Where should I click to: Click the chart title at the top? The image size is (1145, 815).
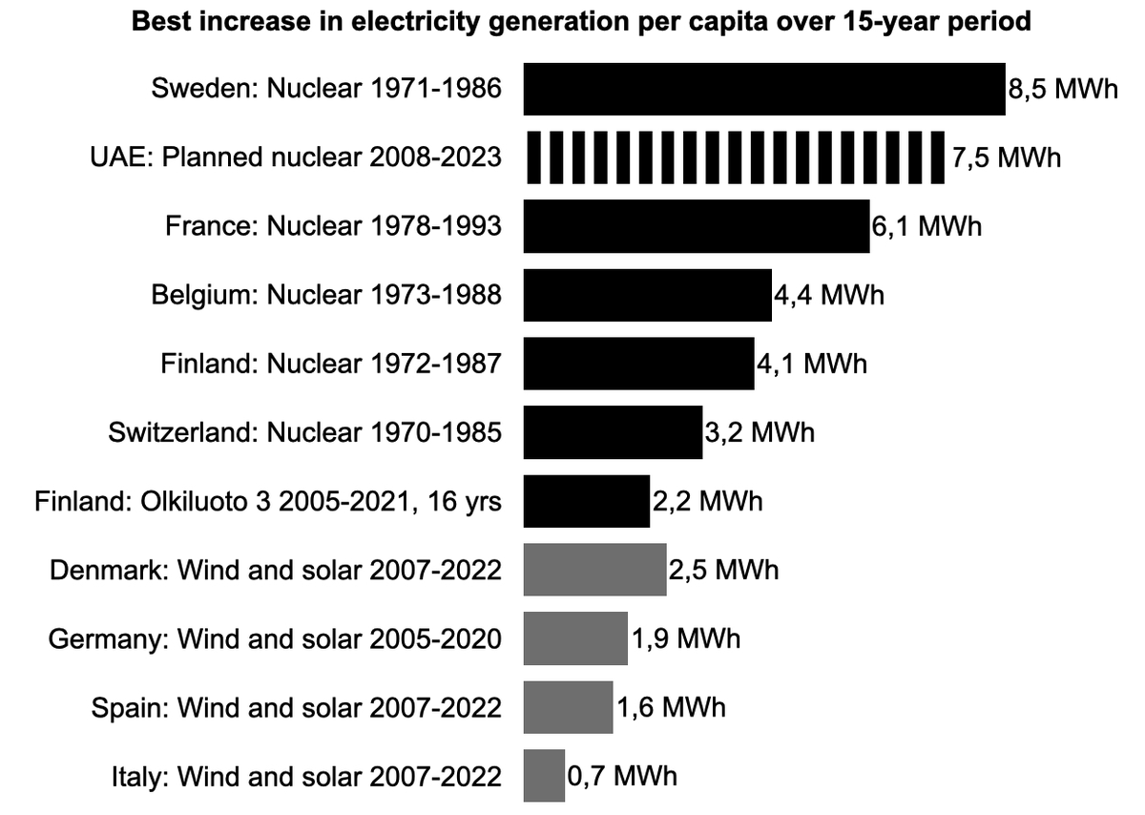581,21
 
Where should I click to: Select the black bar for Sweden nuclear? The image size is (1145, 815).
763,90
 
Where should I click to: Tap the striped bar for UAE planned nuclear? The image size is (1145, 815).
734,157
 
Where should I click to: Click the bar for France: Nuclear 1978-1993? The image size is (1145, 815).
696,227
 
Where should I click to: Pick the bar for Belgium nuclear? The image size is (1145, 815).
647,295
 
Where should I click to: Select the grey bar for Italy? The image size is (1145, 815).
544,776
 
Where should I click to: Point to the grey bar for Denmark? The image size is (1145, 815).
594,570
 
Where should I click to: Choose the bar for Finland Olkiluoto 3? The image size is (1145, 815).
586,501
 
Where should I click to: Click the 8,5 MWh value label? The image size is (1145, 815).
1062,90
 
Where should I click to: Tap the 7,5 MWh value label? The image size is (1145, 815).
1006,157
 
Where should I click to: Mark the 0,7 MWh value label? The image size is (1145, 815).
622,776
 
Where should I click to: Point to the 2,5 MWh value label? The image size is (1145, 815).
723,570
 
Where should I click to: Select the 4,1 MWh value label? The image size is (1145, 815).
811,364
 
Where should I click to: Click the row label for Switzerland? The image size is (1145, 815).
305,432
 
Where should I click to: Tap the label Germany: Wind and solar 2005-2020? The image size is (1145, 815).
275,638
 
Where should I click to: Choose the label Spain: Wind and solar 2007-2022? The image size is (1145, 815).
296,707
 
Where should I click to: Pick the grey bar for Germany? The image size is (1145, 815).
575,638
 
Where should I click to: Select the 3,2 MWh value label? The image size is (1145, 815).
760,432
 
